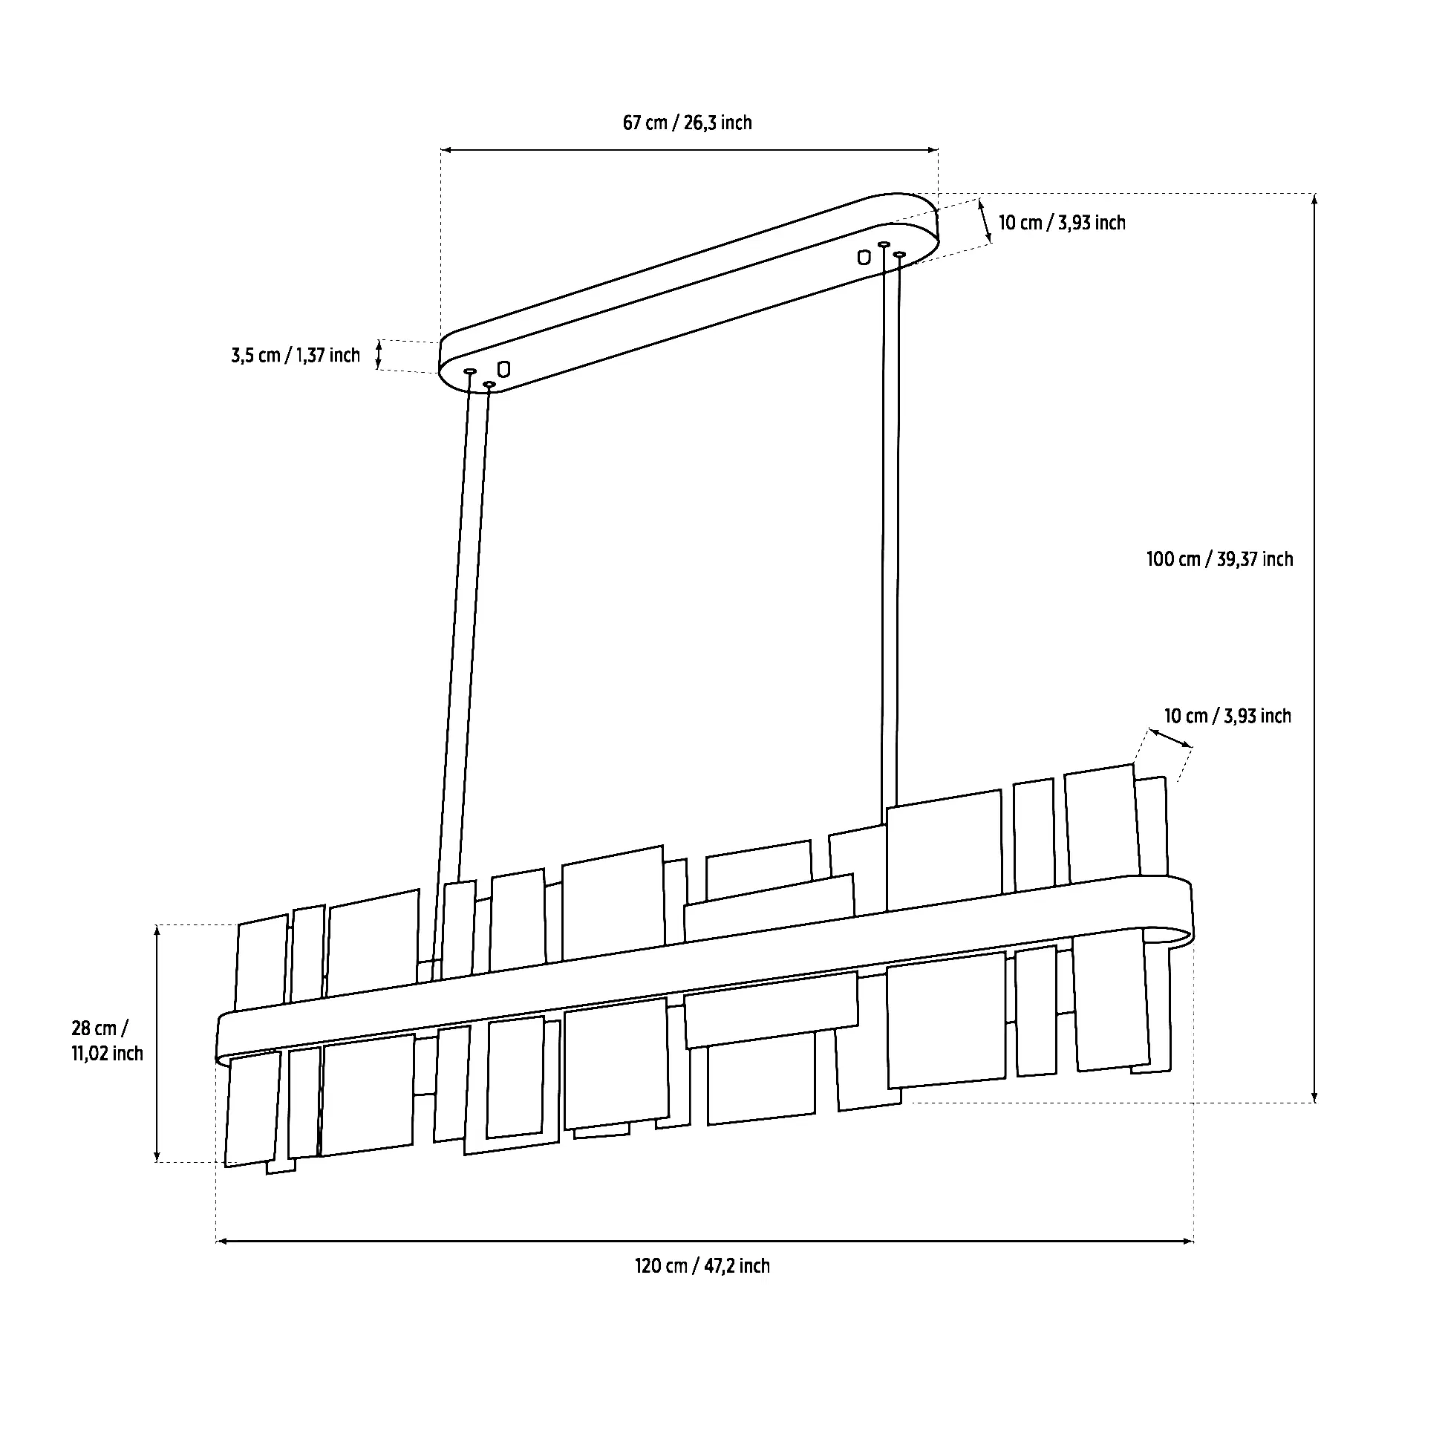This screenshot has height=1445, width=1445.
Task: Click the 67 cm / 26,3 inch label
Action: tap(688, 123)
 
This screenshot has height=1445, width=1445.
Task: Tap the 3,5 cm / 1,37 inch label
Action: tap(296, 355)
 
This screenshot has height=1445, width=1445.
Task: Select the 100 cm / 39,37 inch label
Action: tap(1219, 558)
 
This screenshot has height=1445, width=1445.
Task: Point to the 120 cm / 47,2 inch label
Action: tap(702, 1265)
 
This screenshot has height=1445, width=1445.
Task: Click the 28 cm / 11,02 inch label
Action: tap(107, 1040)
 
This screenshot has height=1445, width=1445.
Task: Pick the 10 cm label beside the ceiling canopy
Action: tap(1061, 223)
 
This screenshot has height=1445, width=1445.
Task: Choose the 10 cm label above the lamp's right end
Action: tap(1227, 716)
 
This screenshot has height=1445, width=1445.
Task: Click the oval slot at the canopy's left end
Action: tap(503, 369)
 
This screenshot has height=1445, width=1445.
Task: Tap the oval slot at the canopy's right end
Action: tap(864, 257)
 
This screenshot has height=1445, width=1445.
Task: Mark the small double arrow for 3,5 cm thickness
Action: tap(379, 354)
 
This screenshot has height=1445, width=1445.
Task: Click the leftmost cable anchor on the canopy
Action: tap(471, 371)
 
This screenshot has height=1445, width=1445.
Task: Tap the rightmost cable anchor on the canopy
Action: tap(900, 255)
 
